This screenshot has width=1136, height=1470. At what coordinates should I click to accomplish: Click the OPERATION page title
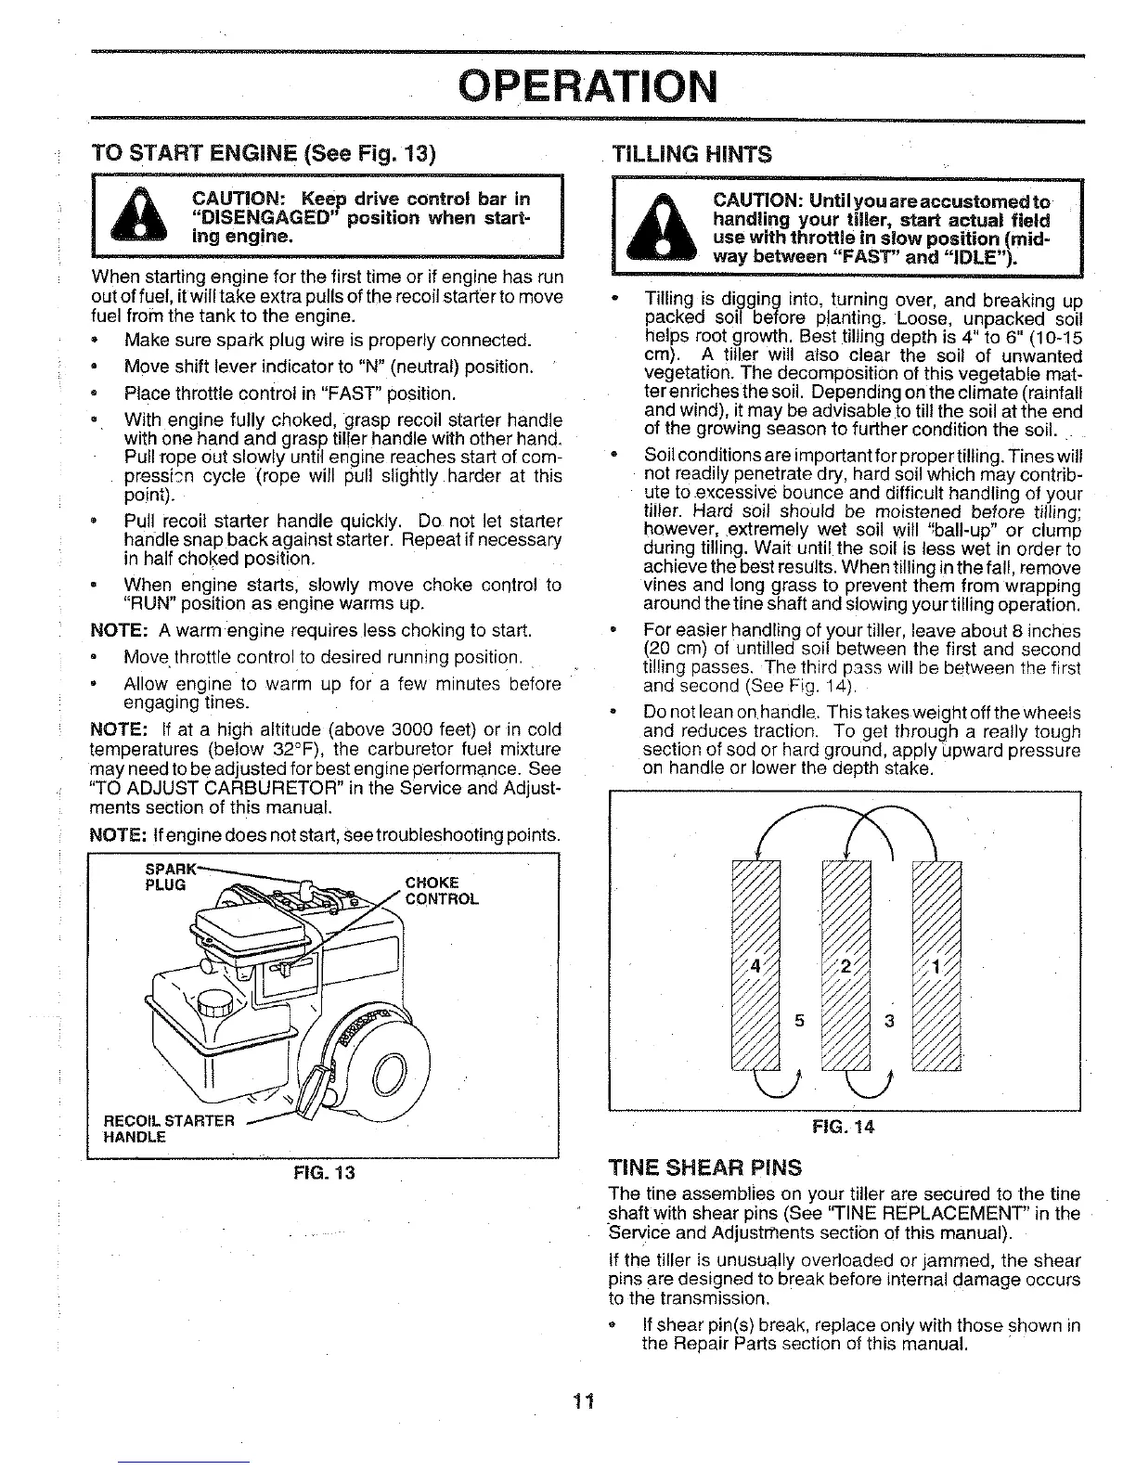click(x=588, y=86)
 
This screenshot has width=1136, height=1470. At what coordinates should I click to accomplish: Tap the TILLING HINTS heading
click(x=692, y=153)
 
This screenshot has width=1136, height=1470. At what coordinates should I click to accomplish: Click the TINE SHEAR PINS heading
click(x=704, y=1167)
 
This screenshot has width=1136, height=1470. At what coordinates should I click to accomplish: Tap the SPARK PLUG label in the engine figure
click(x=167, y=877)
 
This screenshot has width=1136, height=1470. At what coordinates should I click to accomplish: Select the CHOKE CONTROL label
click(x=442, y=891)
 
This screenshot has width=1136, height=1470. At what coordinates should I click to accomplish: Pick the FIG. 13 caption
click(x=322, y=1172)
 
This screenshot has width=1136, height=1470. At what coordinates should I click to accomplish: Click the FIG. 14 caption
click(x=843, y=1128)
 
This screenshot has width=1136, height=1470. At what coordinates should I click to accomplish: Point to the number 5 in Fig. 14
click(x=798, y=1023)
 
